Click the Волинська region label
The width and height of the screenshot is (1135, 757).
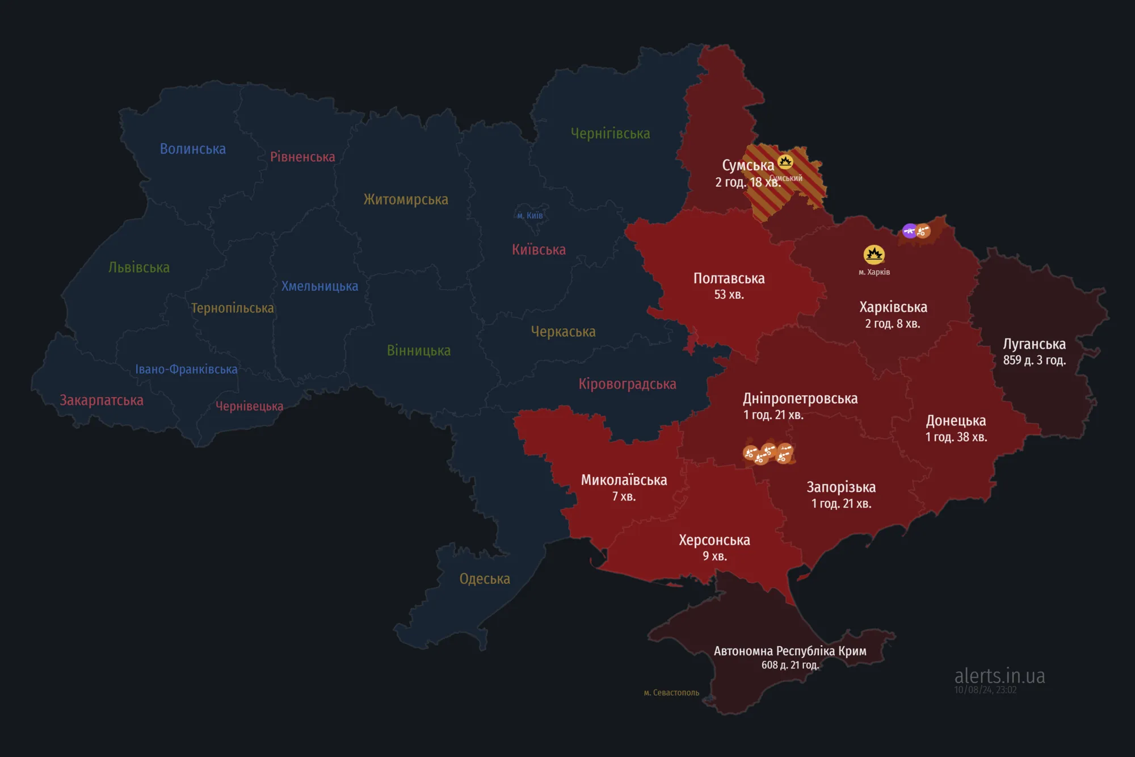coord(192,149)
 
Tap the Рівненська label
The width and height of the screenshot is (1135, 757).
coord(302,157)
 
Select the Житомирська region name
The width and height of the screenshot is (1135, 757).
coord(406,199)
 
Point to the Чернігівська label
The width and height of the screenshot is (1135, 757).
coord(610,133)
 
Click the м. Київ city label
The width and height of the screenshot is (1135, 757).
coord(529,215)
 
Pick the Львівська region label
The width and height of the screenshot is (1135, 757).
coord(139,267)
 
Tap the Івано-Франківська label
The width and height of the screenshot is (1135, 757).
coord(186,369)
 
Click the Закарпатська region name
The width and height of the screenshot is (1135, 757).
coord(102,400)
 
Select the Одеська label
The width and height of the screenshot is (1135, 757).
coord(485,579)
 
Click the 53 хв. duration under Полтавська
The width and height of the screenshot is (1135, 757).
coord(729,295)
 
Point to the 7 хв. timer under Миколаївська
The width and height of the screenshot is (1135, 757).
coord(624,496)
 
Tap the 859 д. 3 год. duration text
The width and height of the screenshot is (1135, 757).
coord(1034,360)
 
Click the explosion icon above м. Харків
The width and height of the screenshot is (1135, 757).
coord(874,254)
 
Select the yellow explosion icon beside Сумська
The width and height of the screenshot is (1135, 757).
coord(785,162)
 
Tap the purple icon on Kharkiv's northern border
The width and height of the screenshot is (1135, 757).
coord(909,231)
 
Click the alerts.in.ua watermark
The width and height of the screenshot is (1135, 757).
coord(999,676)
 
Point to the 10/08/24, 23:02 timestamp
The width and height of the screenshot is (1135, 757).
coord(985,690)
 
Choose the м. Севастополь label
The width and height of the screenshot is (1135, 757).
coord(671,693)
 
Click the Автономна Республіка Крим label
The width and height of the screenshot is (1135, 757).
coord(790,651)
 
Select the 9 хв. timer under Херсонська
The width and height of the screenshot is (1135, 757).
coord(714,556)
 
